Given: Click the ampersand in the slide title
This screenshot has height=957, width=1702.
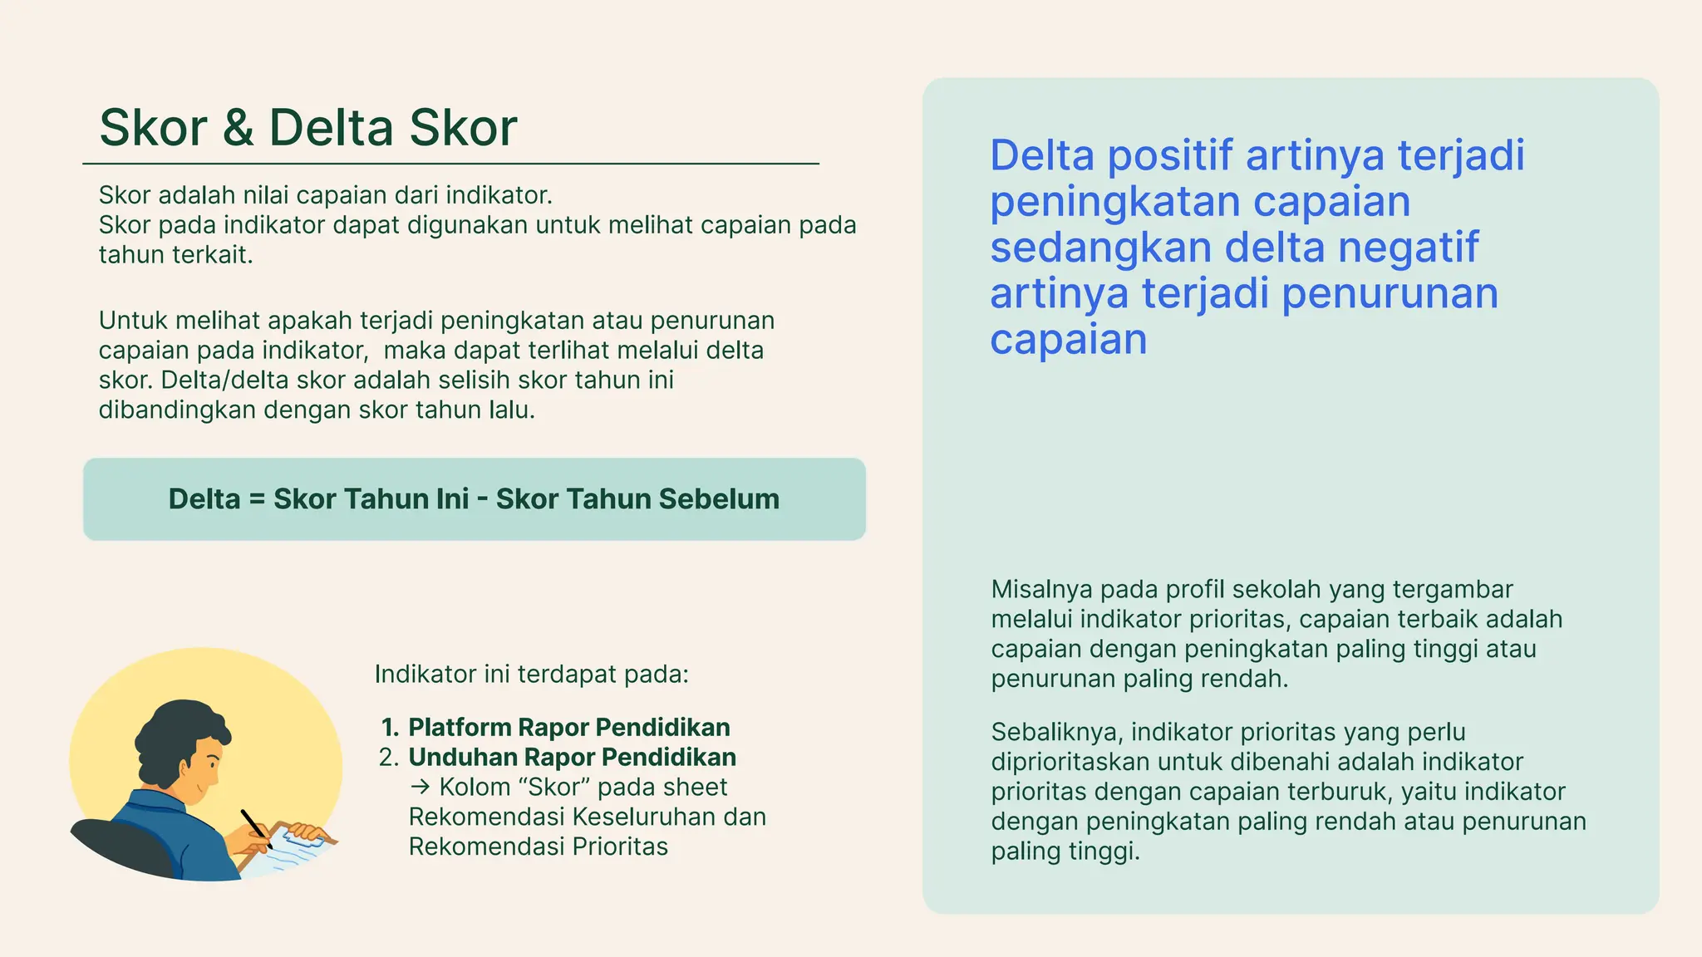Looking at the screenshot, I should [x=238, y=129].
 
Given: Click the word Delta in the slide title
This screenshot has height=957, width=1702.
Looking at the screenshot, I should [x=330, y=128].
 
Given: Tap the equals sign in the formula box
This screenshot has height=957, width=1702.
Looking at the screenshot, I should [x=257, y=499].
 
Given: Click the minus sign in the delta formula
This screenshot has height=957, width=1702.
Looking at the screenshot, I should [x=482, y=499].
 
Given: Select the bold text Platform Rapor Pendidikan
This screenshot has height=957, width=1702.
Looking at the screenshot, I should [x=568, y=728].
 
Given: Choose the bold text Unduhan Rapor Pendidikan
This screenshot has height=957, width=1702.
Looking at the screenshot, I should [x=572, y=758].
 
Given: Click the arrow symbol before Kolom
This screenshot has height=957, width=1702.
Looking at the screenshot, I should [x=420, y=788].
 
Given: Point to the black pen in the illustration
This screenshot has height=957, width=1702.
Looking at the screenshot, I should [x=255, y=827].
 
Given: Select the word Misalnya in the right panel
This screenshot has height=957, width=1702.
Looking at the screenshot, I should [x=1041, y=590].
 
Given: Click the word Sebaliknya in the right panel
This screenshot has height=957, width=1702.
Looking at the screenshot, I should [x=1056, y=733].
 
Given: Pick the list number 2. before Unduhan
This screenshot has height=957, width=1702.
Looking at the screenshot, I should [x=389, y=758].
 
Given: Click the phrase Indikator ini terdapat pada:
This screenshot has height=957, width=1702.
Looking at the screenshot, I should [x=531, y=674].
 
